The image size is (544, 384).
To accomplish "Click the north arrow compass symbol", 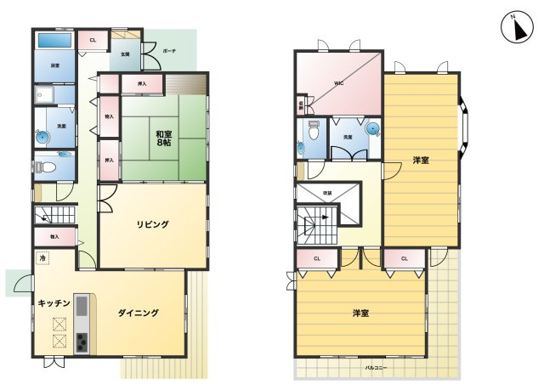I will coord(513,30).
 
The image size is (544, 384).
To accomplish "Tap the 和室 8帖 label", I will coord(163,138).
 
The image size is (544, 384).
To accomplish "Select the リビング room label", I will coord(154,224).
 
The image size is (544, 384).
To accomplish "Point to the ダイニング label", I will coord(139,313).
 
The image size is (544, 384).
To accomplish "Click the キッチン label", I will coord(53,302).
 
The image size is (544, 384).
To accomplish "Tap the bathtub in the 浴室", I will coord(54,41).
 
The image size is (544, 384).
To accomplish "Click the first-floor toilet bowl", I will coord(48,167).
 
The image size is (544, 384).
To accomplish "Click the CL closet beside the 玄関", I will coord(93,39).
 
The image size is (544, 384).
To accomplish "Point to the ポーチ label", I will coord(168,50).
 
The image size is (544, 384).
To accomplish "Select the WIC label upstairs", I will coord(337,83).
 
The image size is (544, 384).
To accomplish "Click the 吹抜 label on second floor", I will coord(328,194).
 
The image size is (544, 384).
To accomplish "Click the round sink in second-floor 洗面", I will coord(372,128).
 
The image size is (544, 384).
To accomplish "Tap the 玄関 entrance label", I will coord(126,54).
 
